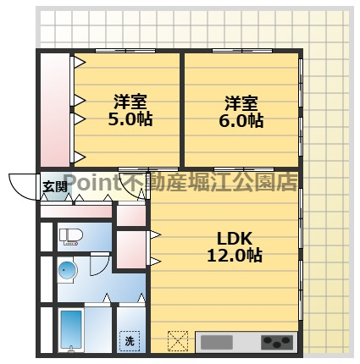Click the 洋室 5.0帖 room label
pos(130,111)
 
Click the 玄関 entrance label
pos(55,187)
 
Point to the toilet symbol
pos(69,238)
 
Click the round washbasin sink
pos(67,272)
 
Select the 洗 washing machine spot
pos(130,340)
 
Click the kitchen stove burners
pos(276,343)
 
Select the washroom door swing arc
pos(105,299)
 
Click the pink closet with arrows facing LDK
pos(130,248)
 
